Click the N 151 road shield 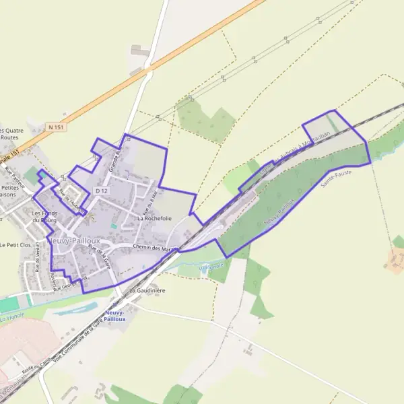tap(56, 127)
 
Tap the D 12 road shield tap(102, 191)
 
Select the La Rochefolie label tap(154, 218)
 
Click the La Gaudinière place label tap(147, 290)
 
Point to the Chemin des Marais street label tap(155, 248)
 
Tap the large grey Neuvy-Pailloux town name tap(74, 240)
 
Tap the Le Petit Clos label tap(16, 245)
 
